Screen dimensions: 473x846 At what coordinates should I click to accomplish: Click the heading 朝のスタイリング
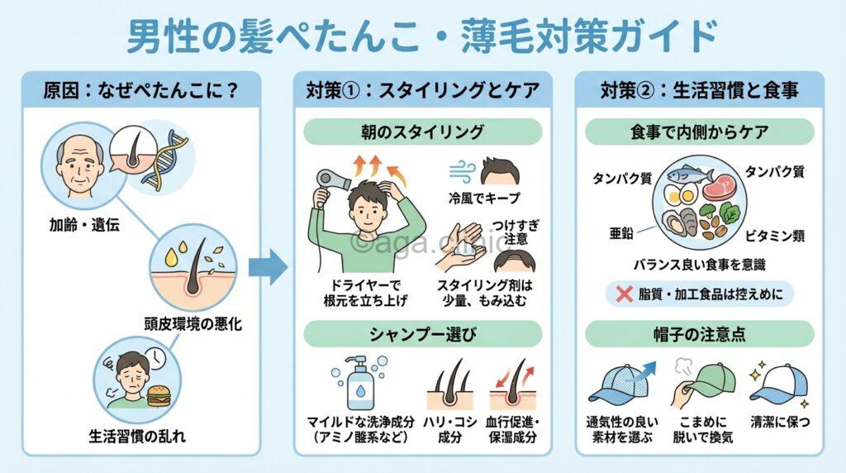(422, 131)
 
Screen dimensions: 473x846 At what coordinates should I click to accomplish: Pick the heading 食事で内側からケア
(699, 131)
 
